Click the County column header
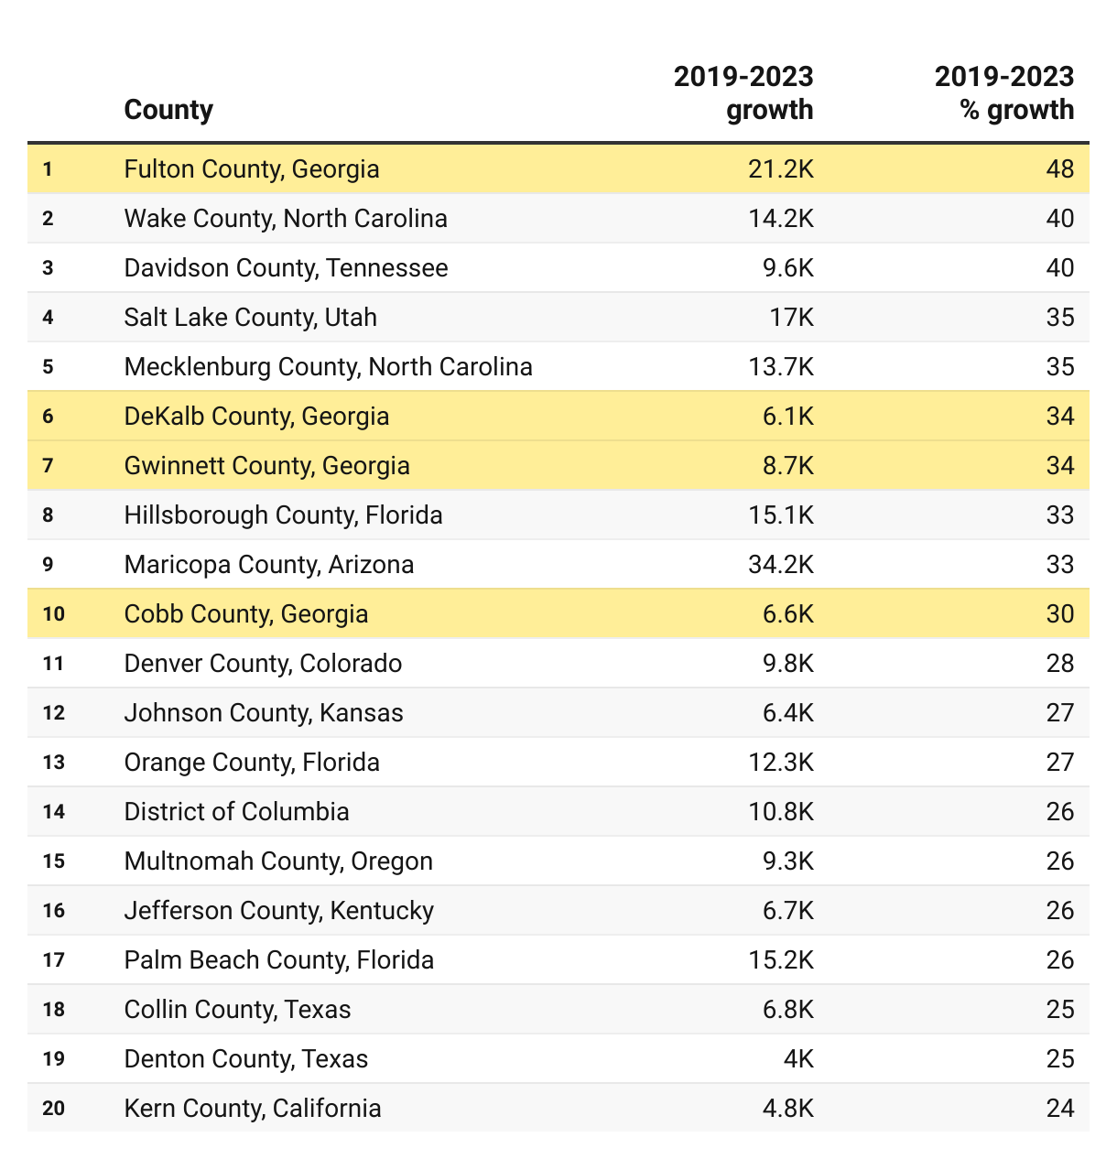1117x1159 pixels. [168, 110]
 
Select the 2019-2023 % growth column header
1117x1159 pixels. [1003, 92]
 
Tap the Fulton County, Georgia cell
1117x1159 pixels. [252, 169]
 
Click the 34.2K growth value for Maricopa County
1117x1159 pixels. [780, 565]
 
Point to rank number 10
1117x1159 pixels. [54, 614]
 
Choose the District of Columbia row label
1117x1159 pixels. [236, 812]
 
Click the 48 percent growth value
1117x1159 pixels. [1059, 169]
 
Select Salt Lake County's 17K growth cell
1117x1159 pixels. [791, 318]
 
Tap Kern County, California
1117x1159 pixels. [253, 1109]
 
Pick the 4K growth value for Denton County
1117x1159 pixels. [798, 1059]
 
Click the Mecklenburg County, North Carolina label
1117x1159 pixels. [328, 367]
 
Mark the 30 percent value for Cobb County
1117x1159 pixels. [1059, 614]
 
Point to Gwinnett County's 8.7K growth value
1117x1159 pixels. [787, 466]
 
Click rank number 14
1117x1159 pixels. [54, 812]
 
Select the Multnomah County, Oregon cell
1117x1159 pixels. [278, 861]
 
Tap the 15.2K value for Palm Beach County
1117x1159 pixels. [780, 960]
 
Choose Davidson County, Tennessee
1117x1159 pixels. [286, 268]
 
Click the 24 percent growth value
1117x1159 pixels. [1059, 1109]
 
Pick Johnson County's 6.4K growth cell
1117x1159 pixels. [787, 713]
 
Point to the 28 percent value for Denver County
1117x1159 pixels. [1059, 664]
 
